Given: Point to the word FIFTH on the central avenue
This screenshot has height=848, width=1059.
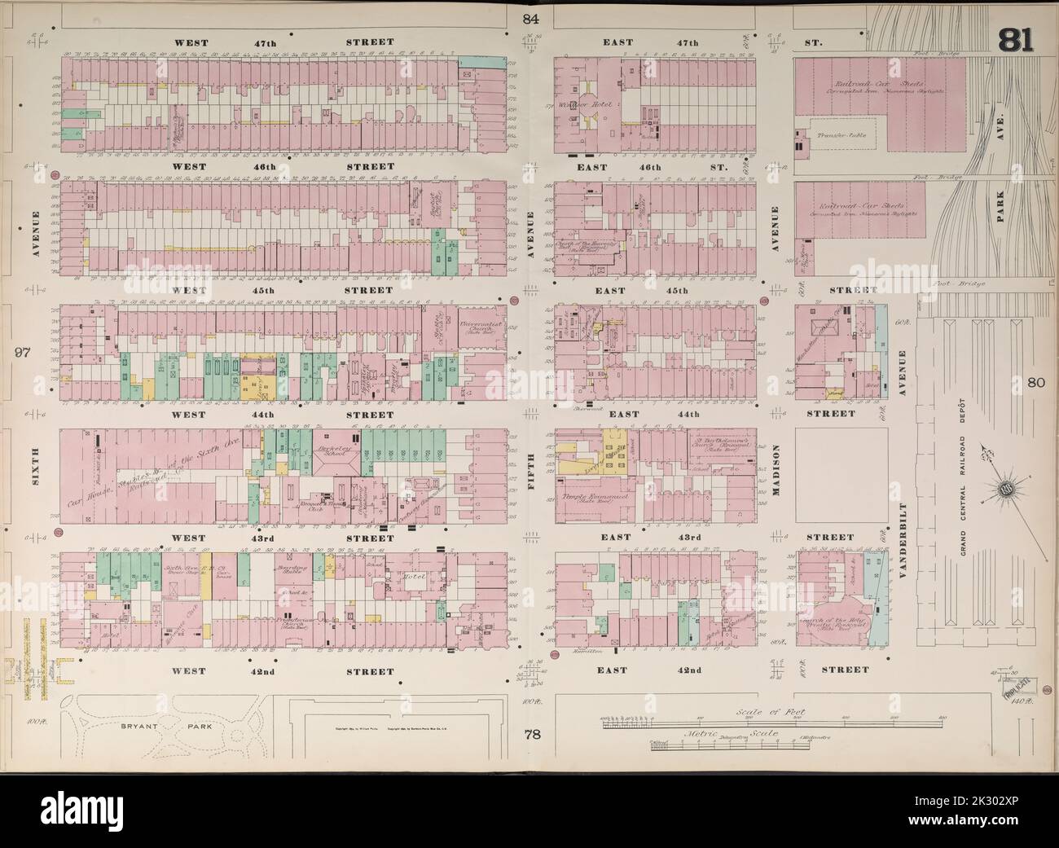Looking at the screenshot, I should click(532, 469).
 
